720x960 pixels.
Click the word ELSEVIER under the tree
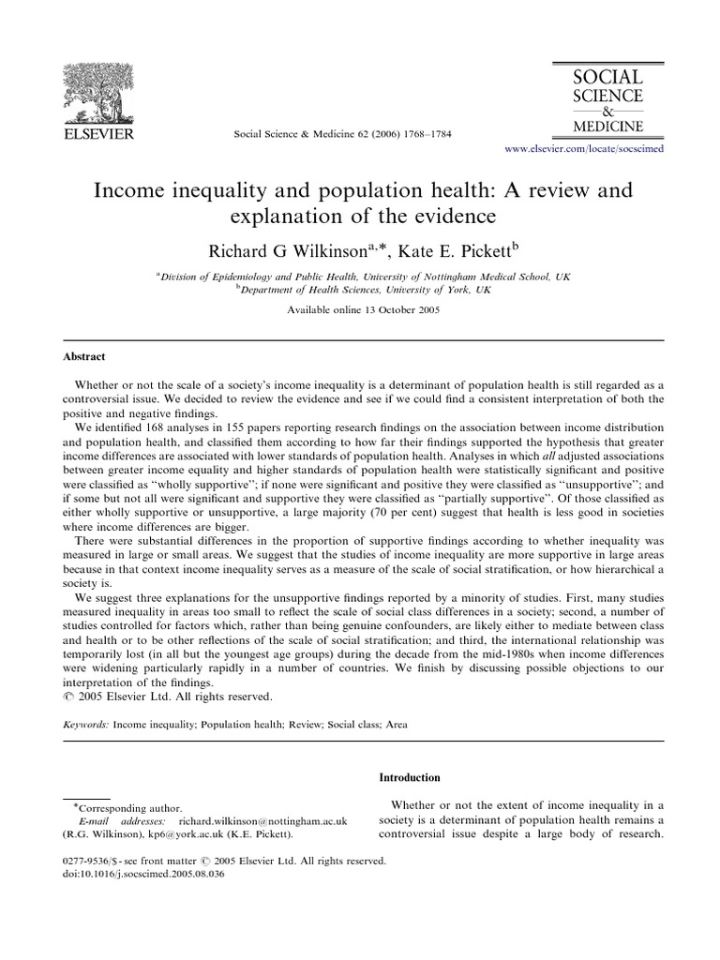(97, 134)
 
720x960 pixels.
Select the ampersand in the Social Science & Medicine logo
(607, 111)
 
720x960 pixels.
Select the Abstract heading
(84, 357)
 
